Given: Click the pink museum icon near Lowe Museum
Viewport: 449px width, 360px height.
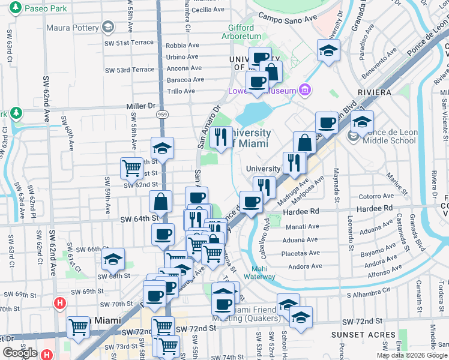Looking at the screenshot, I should pos(306,90).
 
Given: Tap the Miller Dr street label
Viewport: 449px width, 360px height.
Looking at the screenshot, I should pos(140,106).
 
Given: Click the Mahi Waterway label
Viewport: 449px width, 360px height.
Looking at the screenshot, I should pos(264,272).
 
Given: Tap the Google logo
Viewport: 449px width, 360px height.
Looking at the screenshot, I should pos(20,352).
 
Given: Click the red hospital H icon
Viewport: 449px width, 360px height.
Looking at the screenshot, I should pos(59,304).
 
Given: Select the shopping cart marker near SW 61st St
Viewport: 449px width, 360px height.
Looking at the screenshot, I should pos(131,168).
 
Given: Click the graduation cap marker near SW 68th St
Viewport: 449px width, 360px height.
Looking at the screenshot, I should pos(113,259).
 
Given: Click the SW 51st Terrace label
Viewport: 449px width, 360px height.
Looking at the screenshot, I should pos(129,43).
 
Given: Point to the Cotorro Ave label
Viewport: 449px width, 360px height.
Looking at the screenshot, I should pos(376,196).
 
